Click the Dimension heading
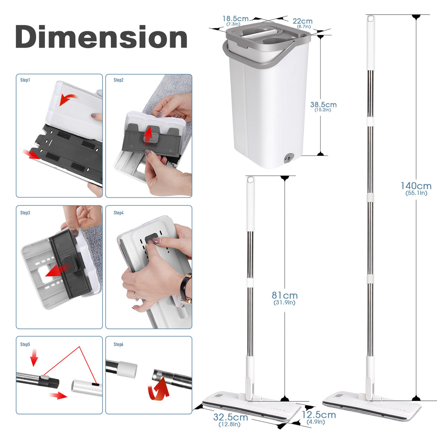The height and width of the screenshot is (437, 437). (x=101, y=37)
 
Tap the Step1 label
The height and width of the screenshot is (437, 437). (x=25, y=80)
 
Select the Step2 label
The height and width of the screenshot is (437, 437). (x=118, y=80)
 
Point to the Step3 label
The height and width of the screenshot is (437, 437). (x=25, y=213)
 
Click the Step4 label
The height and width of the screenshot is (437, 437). (x=118, y=213)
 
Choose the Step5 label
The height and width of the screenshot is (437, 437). (x=25, y=344)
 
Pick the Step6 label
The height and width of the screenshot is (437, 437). (x=118, y=344)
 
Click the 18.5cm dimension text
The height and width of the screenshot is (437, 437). (x=235, y=19)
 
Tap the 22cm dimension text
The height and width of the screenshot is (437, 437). (x=303, y=21)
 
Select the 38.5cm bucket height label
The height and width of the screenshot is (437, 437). (x=323, y=105)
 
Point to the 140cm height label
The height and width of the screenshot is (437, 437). (x=416, y=186)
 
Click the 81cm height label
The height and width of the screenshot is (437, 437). (x=284, y=296)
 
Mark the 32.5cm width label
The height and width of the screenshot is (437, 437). (x=230, y=417)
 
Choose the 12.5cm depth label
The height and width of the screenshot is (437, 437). (x=319, y=415)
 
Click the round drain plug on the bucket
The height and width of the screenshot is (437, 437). (x=287, y=158)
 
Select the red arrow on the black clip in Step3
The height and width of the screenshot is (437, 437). (x=58, y=270)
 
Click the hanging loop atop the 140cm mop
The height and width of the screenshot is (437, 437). (x=370, y=19)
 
